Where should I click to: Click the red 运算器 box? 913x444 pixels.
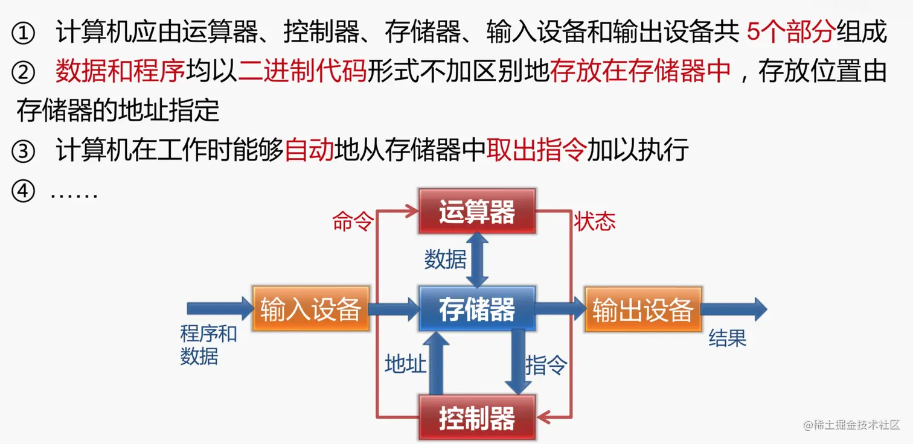click(x=476, y=212)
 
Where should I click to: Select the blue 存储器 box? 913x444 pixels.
click(x=476, y=309)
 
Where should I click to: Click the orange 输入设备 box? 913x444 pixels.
click(x=310, y=309)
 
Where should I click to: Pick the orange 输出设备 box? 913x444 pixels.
click(x=642, y=309)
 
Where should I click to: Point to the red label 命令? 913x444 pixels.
click(x=353, y=222)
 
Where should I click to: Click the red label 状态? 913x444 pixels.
click(x=595, y=222)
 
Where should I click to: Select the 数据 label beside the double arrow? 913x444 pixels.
click(x=445, y=260)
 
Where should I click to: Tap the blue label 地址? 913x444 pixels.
click(x=406, y=364)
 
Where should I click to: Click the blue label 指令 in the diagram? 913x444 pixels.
click(x=546, y=364)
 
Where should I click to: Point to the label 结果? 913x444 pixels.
click(x=728, y=338)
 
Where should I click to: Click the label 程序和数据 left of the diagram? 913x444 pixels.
click(x=208, y=344)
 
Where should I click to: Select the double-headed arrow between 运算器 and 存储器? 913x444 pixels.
click(x=478, y=260)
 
